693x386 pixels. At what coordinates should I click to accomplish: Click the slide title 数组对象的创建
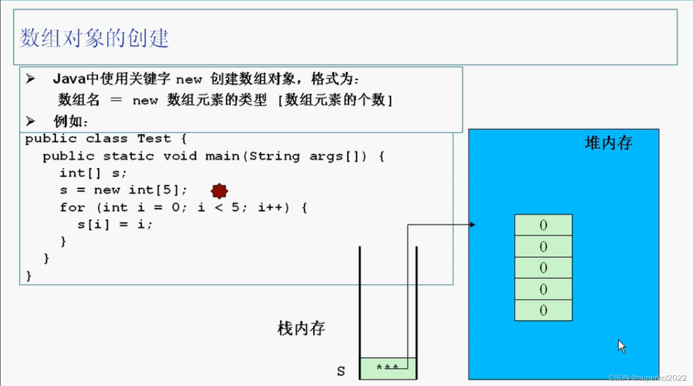coord(94,38)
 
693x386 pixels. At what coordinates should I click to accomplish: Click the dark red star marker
coord(219,191)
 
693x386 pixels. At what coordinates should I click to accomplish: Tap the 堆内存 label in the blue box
coord(608,143)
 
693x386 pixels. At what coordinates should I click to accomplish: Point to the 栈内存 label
coord(301,328)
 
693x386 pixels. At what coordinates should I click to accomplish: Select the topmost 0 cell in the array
coord(543,225)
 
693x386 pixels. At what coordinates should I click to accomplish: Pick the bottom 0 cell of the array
coord(543,311)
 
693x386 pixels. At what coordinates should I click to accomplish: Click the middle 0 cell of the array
coord(543,268)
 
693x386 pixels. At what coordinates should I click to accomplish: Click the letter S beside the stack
coord(341,371)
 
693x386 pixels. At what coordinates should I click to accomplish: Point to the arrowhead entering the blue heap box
coord(472,225)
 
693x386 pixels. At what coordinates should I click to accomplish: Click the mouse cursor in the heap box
coord(621,346)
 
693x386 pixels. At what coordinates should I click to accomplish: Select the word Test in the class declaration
coord(154,139)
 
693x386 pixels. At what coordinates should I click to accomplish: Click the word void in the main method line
coord(180,156)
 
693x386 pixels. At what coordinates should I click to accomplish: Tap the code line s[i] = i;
coord(115,225)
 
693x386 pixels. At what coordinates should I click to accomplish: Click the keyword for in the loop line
coord(72,207)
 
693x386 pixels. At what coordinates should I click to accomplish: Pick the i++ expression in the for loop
coord(273,207)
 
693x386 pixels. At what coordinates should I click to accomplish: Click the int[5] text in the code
coord(154,190)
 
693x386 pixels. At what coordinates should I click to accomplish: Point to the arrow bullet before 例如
coord(30,121)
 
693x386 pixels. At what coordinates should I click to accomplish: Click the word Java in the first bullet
coord(69,79)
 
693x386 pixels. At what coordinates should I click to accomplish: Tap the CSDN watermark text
coord(647,378)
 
